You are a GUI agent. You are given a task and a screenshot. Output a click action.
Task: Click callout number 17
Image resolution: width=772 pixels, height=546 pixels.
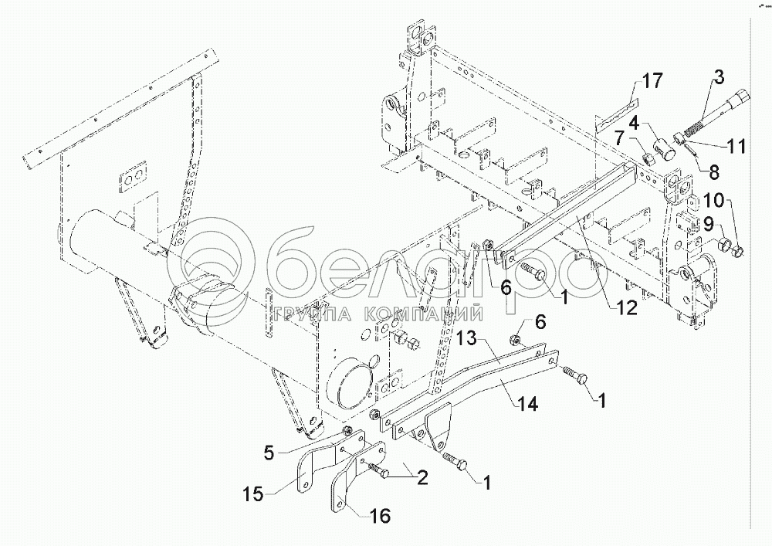coord(652,80)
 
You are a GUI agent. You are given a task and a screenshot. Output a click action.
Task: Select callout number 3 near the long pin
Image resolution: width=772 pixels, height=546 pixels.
coord(719,76)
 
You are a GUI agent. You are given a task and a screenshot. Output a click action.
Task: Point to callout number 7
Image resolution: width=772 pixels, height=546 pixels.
coord(618,138)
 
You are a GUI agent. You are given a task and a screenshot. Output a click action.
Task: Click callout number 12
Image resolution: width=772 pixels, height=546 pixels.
coord(626,307)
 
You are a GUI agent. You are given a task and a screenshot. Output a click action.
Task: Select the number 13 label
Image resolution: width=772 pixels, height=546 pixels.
coord(472,339)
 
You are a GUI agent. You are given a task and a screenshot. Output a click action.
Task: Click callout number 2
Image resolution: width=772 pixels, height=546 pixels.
coord(422,476)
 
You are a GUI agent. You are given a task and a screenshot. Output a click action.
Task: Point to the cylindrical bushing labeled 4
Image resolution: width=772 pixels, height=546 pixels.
coord(663,145)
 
